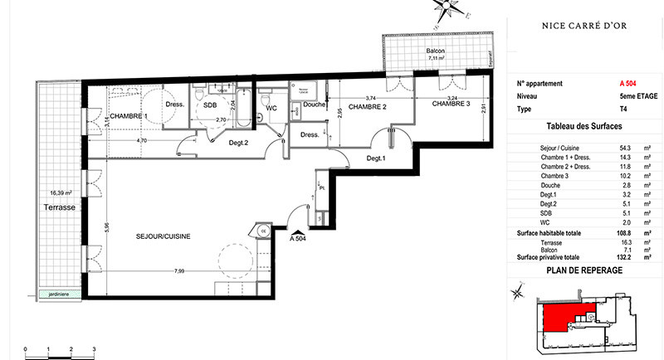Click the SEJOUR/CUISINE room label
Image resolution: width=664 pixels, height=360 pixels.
164,236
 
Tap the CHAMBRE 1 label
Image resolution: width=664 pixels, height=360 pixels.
129,116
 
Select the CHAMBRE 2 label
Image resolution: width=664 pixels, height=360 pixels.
368,107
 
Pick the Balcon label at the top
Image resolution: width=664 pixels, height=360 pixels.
436,51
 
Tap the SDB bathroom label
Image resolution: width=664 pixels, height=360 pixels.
210,105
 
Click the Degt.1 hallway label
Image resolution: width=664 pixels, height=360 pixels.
375,158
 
